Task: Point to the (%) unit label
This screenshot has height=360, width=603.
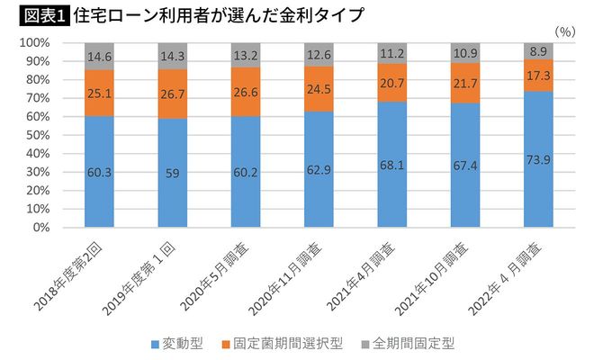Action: click(566, 31)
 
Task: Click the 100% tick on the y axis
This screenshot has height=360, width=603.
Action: click(33, 43)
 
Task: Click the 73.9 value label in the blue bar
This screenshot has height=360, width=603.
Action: click(537, 159)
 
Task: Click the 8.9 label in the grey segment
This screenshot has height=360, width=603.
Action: click(537, 51)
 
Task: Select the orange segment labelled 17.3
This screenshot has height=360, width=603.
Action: click(537, 75)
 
